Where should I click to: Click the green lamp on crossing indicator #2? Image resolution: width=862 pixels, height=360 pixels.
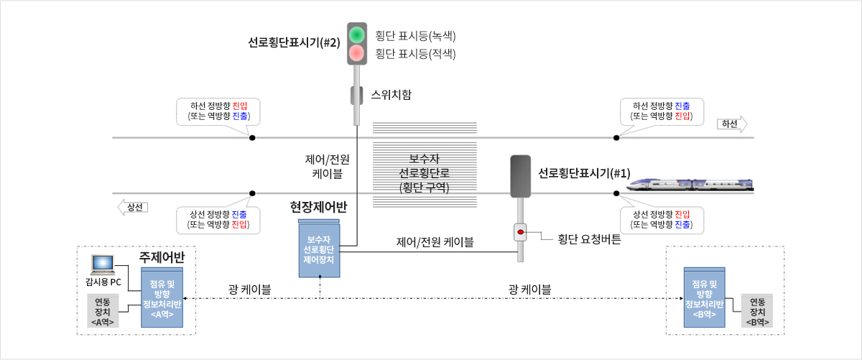357,34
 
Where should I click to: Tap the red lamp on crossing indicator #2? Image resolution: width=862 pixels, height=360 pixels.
357,53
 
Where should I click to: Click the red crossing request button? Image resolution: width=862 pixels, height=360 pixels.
520,232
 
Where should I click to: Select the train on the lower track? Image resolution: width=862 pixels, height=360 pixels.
690,185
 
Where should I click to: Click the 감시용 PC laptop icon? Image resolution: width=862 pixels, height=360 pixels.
103,265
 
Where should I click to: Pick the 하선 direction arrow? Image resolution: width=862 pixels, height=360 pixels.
732,124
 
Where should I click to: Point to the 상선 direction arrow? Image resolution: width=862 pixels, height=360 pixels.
133,207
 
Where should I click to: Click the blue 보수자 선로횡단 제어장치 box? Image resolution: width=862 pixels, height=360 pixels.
319,249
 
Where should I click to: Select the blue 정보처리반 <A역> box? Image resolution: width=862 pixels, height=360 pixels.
162,297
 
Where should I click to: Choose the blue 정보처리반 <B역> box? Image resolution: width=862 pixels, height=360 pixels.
704,297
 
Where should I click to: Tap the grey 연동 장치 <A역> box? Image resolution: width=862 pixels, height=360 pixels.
103,311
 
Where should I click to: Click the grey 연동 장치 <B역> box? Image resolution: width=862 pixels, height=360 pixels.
757,311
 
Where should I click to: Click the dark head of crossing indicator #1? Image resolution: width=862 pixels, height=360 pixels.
520,176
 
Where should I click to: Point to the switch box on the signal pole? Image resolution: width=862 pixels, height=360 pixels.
357,96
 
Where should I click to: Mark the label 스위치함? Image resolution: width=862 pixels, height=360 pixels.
391,95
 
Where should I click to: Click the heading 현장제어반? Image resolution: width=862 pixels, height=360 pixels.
319,207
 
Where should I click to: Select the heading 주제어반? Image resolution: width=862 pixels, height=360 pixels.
162,257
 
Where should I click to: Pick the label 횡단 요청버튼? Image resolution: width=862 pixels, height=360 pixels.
589,239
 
